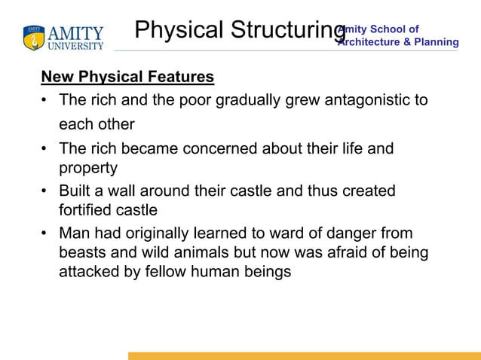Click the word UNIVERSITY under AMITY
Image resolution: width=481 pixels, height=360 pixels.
pyautogui.click(x=76, y=46)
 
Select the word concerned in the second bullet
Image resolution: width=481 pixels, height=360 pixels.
pyautogui.click(x=222, y=148)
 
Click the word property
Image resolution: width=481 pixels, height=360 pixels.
pyautogui.click(x=88, y=168)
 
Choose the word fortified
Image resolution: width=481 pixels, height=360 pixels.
pyautogui.click(x=86, y=210)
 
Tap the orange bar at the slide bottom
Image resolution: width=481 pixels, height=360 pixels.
pyautogui.click(x=304, y=355)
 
